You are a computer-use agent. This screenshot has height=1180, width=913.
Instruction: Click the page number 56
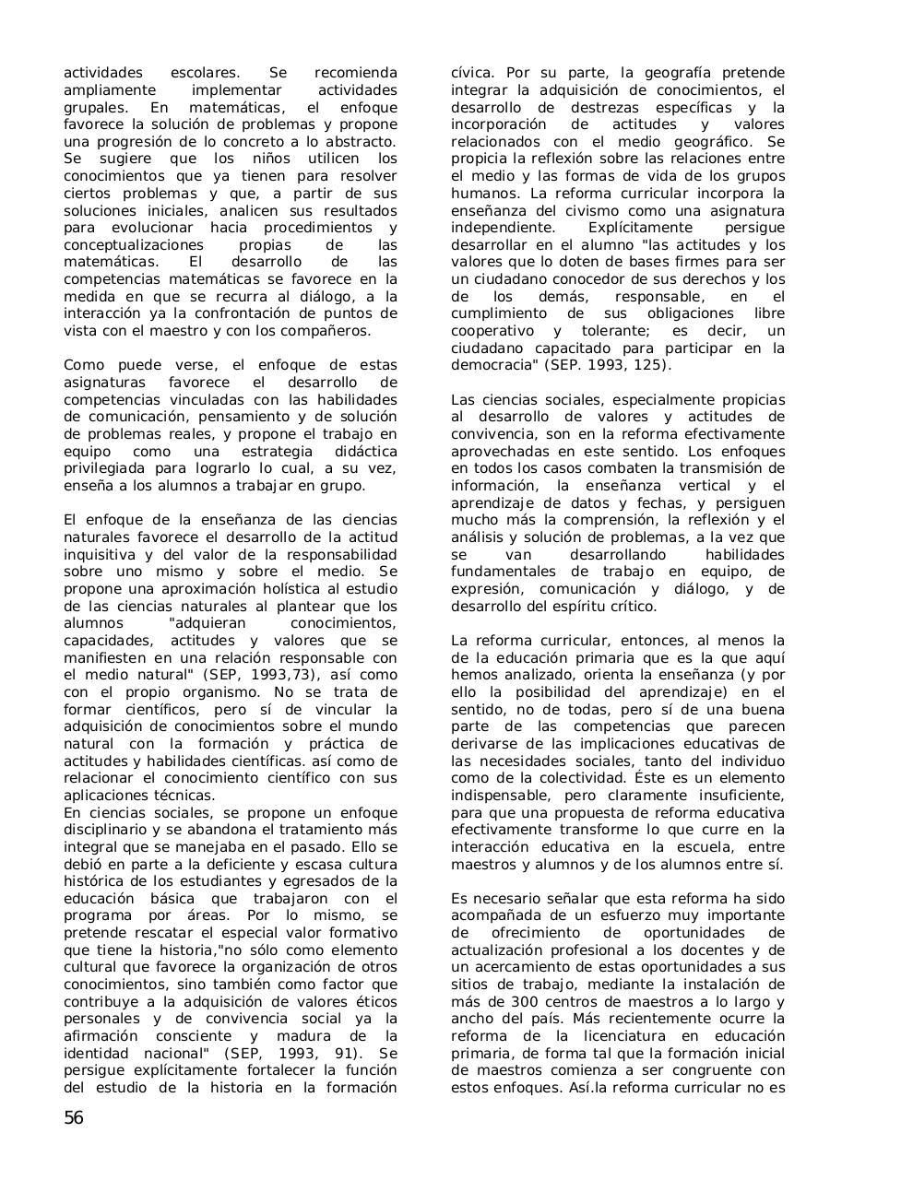coord(74,1118)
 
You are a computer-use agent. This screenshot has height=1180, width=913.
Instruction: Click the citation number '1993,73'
coord(288,675)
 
